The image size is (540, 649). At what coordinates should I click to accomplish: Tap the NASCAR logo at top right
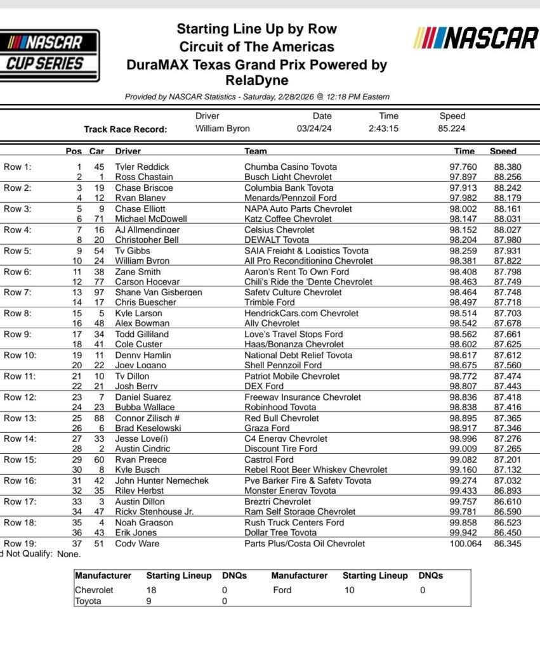[x=475, y=39]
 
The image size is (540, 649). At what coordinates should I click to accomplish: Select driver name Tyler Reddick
[x=142, y=167]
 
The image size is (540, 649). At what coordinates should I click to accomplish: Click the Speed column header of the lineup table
[x=503, y=151]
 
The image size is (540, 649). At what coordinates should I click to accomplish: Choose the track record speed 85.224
[x=452, y=129]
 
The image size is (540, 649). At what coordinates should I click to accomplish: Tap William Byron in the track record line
[x=223, y=129]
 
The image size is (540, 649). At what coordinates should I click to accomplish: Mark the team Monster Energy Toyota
[x=289, y=491]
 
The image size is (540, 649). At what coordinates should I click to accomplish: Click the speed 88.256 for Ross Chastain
[x=508, y=177]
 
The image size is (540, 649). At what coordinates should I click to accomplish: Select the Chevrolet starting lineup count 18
[x=152, y=589]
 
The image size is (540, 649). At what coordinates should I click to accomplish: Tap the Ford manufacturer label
[x=282, y=589]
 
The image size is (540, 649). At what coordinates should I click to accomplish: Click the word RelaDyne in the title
[x=256, y=80]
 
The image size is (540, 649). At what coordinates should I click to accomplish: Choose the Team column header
[x=256, y=151]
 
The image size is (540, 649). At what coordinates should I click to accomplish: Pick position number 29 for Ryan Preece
[x=78, y=459]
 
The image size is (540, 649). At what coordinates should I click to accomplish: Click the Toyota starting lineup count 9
[x=149, y=601]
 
